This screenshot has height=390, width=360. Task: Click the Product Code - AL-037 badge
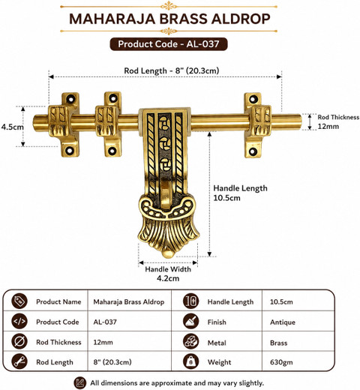tap(169, 44)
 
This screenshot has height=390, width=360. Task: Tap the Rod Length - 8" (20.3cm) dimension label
tap(172, 70)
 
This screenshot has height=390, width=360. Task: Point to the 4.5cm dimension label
tap(12, 127)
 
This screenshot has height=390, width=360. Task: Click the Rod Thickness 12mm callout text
tap(338, 121)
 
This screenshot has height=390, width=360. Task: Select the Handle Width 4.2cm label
tap(168, 274)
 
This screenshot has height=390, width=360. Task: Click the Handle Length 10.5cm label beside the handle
tap(240, 193)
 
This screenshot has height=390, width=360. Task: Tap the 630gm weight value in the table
tap(281, 362)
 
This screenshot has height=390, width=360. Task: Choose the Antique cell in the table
tap(283, 322)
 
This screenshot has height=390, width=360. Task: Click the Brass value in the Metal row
tap(278, 343)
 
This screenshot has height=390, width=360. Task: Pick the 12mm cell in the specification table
tap(103, 342)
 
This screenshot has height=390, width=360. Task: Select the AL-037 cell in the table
tap(105, 322)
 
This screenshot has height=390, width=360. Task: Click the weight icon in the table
tap(190, 361)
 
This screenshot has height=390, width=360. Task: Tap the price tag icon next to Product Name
tap(19, 301)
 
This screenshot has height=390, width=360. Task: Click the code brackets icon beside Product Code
tap(19, 321)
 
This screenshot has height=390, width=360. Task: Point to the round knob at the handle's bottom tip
tap(168, 253)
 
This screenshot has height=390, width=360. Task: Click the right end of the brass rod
tap(300, 122)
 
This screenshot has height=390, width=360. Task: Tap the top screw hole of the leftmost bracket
tap(71, 99)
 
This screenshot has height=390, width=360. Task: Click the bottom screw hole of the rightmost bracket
tap(253, 151)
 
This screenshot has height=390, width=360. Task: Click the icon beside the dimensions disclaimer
tap(80, 382)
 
